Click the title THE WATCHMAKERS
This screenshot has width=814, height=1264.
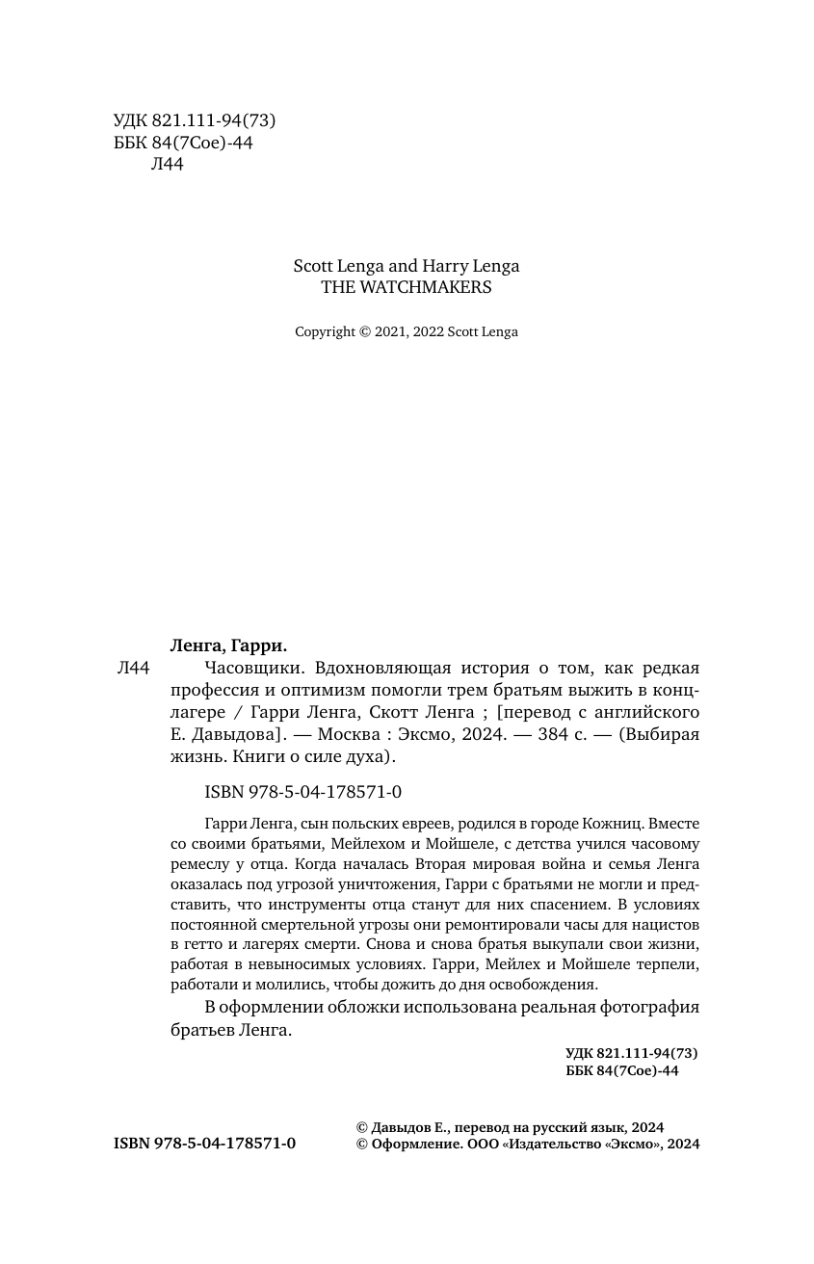pos(406,287)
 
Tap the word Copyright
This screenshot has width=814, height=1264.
pos(326,332)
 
